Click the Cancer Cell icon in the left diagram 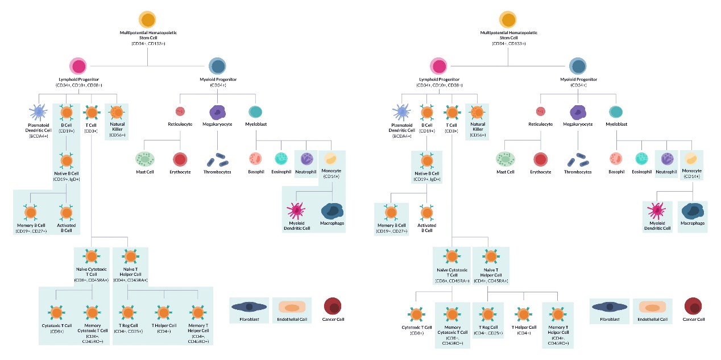332,306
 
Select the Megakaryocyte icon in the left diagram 218,111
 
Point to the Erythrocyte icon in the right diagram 540,160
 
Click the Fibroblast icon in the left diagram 248,307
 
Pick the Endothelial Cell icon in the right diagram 652,307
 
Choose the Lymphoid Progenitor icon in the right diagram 438,66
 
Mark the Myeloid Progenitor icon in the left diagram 217,66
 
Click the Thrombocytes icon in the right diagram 578,161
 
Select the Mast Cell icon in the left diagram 144,159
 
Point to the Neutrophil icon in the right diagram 667,159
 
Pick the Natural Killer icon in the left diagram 117,111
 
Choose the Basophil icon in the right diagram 615,159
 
